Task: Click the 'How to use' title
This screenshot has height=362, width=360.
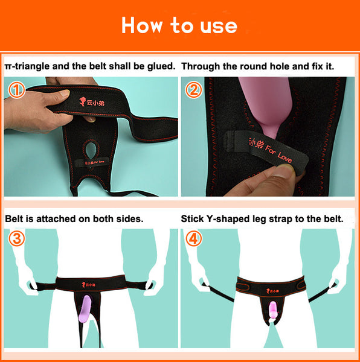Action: pyautogui.click(x=179, y=25)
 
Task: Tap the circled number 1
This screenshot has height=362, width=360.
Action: pyautogui.click(x=17, y=89)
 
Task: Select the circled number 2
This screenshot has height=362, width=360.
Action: pyautogui.click(x=194, y=89)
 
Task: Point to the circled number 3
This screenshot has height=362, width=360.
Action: pyautogui.click(x=17, y=238)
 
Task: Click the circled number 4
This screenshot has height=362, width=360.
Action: pyautogui.click(x=194, y=238)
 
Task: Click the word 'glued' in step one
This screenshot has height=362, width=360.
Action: pyautogui.click(x=161, y=66)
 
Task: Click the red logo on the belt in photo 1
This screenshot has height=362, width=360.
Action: pyautogui.click(x=92, y=102)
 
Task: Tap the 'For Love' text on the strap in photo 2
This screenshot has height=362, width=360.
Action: pyautogui.click(x=278, y=153)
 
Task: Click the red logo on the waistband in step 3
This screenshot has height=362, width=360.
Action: pyautogui.click(x=89, y=285)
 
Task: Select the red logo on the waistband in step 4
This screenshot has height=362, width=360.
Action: pyautogui.click(x=272, y=291)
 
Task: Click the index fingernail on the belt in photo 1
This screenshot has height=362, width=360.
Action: pyautogui.click(x=65, y=94)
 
